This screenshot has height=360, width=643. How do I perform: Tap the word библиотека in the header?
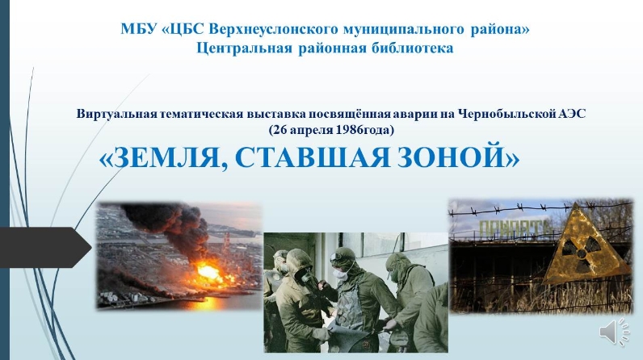coord(413,48)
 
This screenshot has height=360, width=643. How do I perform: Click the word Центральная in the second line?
coord(245,48)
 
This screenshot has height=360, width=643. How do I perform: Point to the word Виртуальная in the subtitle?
coord(117,114)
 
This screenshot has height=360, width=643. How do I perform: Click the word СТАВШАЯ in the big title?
coord(312,156)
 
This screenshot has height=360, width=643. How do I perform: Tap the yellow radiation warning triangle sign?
coord(586,247)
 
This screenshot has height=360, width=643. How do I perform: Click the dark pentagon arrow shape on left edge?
coord(45,247)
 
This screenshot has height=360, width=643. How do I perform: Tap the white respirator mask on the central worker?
coord(340,273)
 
